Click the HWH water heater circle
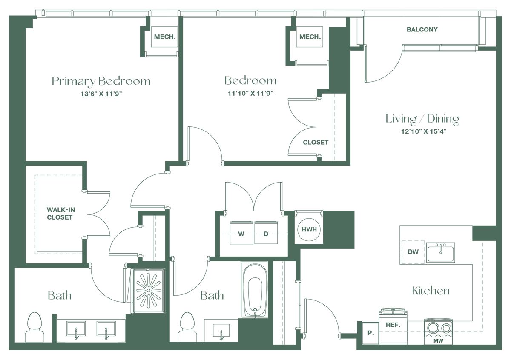[x=309, y=229]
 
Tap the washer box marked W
[x=241, y=233]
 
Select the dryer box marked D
[x=266, y=233]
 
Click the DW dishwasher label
[x=413, y=252]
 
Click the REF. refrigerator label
[x=393, y=325]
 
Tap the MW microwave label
[x=439, y=341]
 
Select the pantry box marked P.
[x=370, y=333]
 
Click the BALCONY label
[x=422, y=29]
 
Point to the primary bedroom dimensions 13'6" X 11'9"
[x=101, y=94]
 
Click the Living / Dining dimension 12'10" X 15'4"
[x=424, y=131]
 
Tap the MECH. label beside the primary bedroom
[x=165, y=37]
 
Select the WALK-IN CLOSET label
[x=60, y=213]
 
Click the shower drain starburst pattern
[x=149, y=291]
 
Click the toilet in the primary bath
[x=34, y=327]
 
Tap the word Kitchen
[x=431, y=291]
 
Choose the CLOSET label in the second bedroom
[x=316, y=142]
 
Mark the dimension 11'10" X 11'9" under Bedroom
[x=250, y=94]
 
